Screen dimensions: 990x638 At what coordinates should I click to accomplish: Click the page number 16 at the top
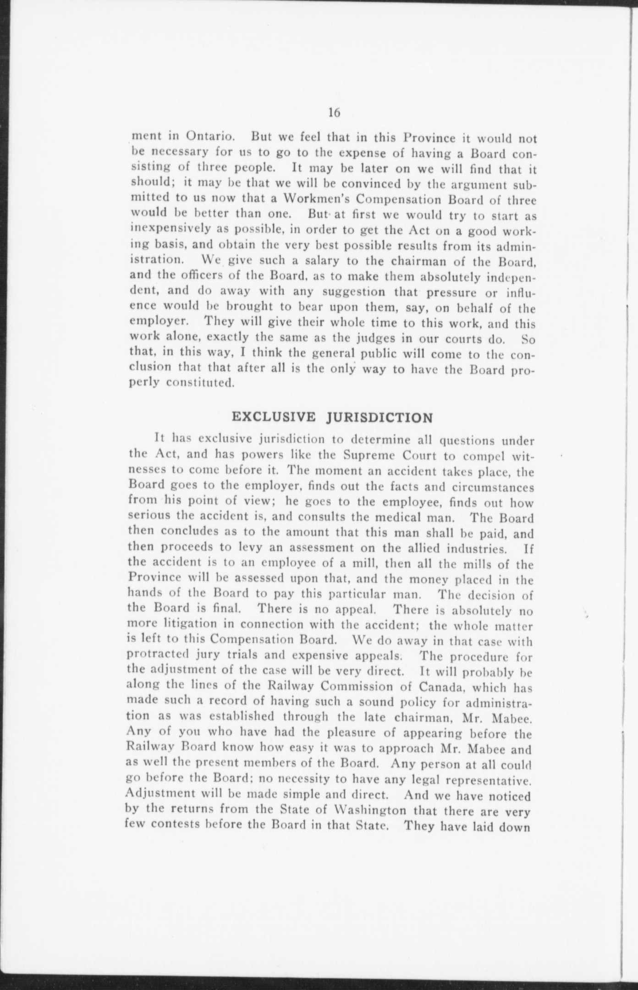pos(334,113)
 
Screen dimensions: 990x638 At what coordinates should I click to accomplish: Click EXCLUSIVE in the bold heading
pos(274,417)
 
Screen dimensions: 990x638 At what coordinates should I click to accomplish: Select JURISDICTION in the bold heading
pos(380,418)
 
